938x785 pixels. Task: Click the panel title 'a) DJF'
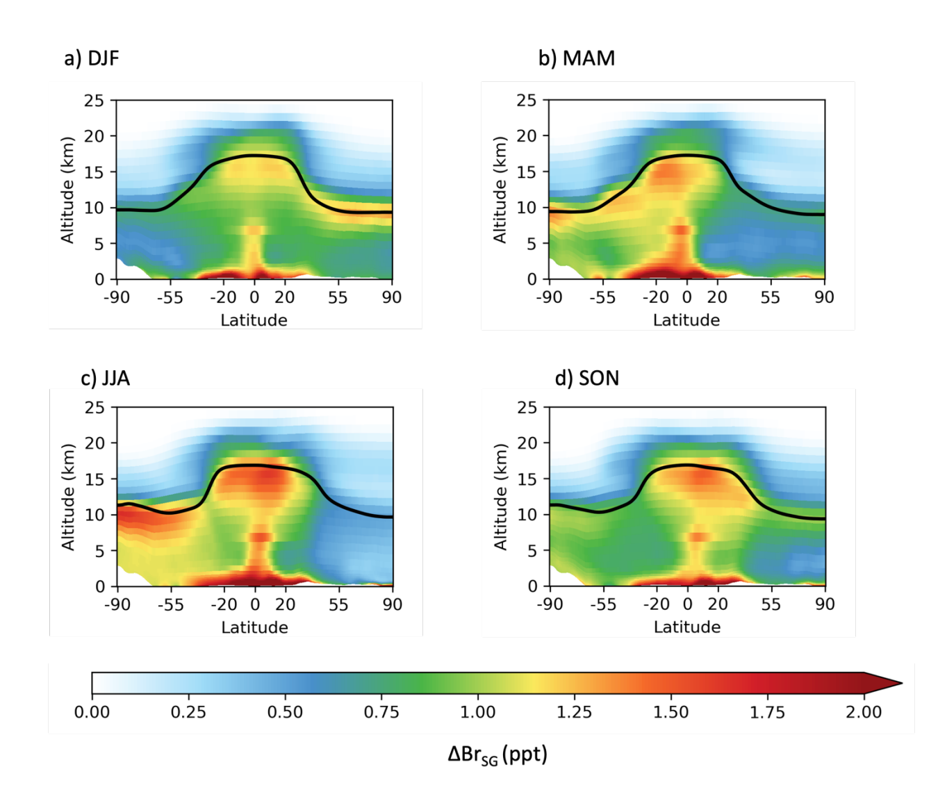pyautogui.click(x=92, y=58)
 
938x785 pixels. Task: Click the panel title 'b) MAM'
pyautogui.click(x=577, y=58)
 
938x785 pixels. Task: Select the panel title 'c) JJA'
pyautogui.click(x=106, y=378)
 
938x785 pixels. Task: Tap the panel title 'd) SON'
pyautogui.click(x=587, y=378)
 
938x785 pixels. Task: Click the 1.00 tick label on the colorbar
pyautogui.click(x=477, y=712)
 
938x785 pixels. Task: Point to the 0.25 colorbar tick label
pyautogui.click(x=188, y=712)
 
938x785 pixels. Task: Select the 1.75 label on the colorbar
pyautogui.click(x=767, y=712)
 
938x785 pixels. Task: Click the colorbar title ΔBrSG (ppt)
pyautogui.click(x=497, y=754)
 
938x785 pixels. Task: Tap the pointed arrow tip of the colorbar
pyautogui.click(x=900, y=683)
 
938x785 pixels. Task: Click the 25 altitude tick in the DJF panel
pyautogui.click(x=94, y=101)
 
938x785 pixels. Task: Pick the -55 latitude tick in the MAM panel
pyautogui.click(x=602, y=297)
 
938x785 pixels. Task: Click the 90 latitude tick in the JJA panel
pyautogui.click(x=393, y=604)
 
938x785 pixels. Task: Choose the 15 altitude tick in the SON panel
pyautogui.click(x=527, y=479)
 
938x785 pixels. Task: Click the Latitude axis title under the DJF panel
pyautogui.click(x=254, y=320)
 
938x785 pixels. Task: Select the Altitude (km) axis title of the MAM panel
pyautogui.click(x=500, y=190)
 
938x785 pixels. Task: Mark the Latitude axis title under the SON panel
pyautogui.click(x=687, y=627)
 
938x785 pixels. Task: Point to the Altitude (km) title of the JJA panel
pyautogui.click(x=67, y=497)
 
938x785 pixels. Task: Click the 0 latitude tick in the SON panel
pyautogui.click(x=687, y=604)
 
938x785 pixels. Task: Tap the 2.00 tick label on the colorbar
pyautogui.click(x=864, y=712)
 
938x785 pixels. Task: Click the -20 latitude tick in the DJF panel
pyautogui.click(x=223, y=297)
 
